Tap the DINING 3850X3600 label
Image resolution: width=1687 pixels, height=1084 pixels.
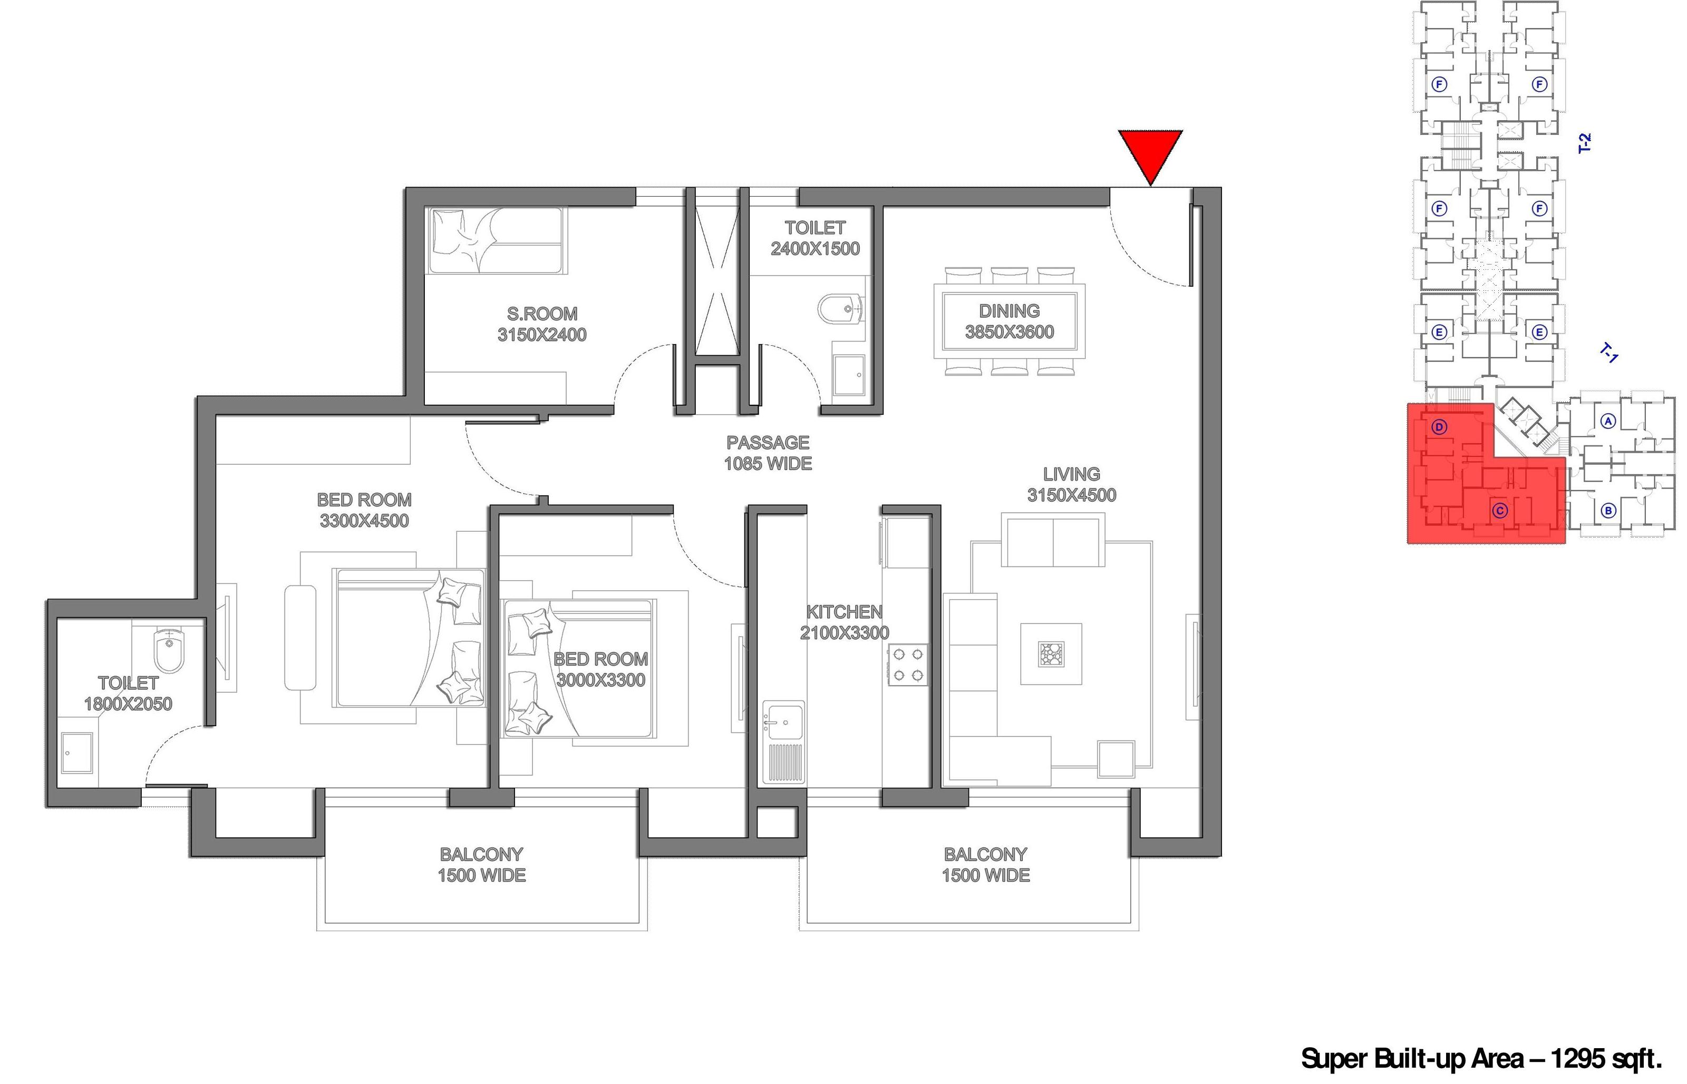point(1009,321)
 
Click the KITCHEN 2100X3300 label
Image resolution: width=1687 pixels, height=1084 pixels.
point(844,622)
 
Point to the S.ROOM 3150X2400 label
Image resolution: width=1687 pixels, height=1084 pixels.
point(541,324)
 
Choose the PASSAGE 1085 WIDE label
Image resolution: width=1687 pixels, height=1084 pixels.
point(768,453)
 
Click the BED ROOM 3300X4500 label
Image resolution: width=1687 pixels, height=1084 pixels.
point(364,510)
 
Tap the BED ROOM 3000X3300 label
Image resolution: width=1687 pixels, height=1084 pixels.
point(600,669)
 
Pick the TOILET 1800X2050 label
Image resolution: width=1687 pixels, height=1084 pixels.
point(128,694)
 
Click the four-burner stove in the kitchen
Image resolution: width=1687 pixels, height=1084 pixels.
point(908,665)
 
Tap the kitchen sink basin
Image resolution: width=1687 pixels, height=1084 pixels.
point(783,721)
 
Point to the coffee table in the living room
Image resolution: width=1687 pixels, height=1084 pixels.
point(1051,653)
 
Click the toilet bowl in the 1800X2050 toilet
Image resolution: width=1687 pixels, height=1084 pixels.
point(168,650)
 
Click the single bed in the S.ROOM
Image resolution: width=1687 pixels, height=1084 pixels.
point(497,240)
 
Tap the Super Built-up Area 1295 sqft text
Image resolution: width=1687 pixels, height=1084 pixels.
point(1482,1058)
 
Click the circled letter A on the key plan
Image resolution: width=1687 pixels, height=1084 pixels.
point(1607,421)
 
